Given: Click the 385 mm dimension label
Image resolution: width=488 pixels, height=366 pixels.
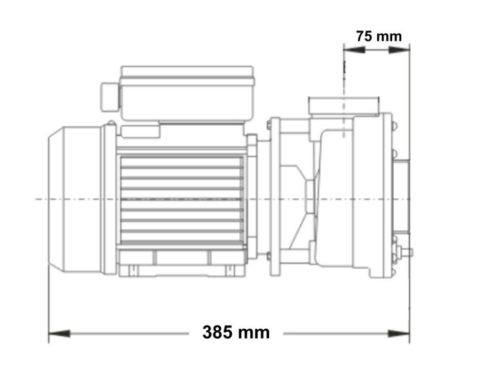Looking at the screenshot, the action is pyautogui.click(x=236, y=332).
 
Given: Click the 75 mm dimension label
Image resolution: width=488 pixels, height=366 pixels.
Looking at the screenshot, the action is pyautogui.click(x=379, y=36).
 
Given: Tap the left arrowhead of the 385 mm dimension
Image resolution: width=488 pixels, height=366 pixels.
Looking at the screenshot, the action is pyautogui.click(x=59, y=334).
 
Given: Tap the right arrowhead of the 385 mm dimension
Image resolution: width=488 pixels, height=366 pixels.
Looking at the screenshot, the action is pyautogui.click(x=399, y=334).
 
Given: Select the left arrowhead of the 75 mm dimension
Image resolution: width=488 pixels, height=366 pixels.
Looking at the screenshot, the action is pyautogui.click(x=354, y=50).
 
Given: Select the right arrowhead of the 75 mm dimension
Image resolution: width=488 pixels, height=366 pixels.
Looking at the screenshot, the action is pyautogui.click(x=399, y=50).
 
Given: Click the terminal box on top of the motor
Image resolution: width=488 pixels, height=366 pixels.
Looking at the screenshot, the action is pyautogui.click(x=187, y=93).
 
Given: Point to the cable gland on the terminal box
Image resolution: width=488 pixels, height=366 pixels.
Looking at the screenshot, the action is pyautogui.click(x=110, y=97).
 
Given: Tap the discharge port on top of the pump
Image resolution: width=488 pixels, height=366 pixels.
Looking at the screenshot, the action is pyautogui.click(x=344, y=105).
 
